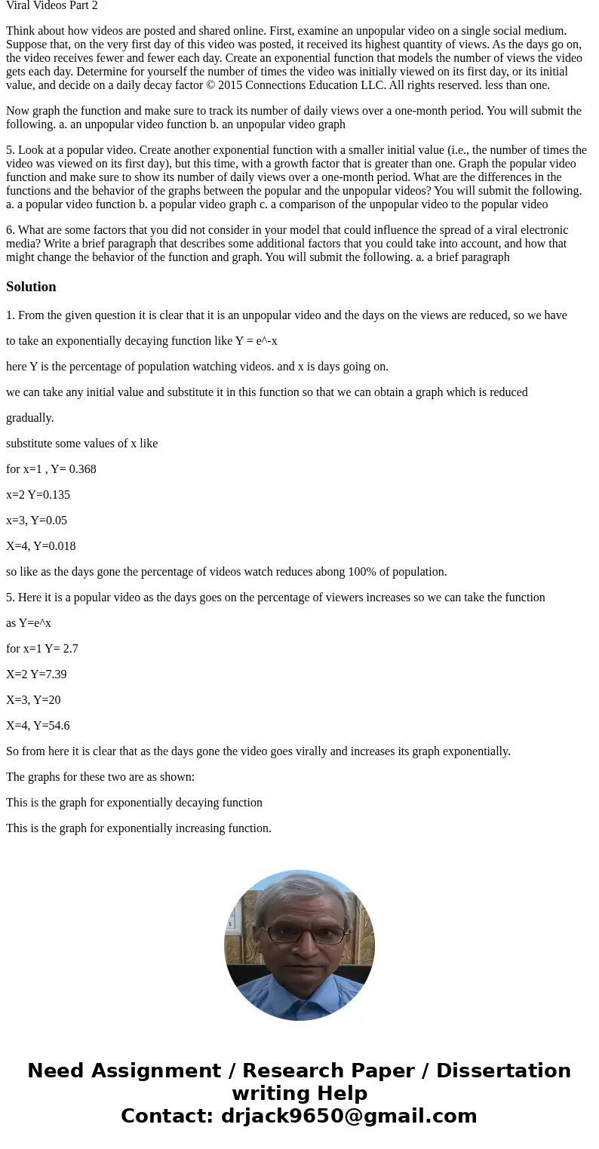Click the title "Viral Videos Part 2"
(52, 5)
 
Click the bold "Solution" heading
(31, 287)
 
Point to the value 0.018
(60, 546)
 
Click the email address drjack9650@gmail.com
(349, 1116)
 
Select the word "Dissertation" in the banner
(503, 1071)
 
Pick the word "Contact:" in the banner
(167, 1116)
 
